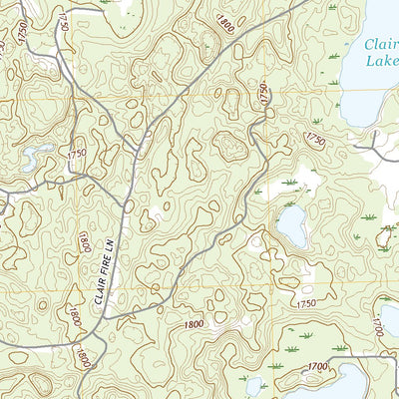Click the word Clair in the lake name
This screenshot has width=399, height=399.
[381, 45]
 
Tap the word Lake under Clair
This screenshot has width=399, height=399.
[381, 62]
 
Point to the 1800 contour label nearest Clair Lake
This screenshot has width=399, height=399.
[226, 26]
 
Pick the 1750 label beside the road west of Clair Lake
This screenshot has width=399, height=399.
[264, 96]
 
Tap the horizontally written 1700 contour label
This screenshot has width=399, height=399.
[318, 368]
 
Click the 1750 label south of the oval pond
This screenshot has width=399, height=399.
[305, 303]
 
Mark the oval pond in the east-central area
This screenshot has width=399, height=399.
[291, 227]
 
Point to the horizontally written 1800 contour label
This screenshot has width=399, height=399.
[194, 324]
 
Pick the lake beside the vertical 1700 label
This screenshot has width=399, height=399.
[391, 319]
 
